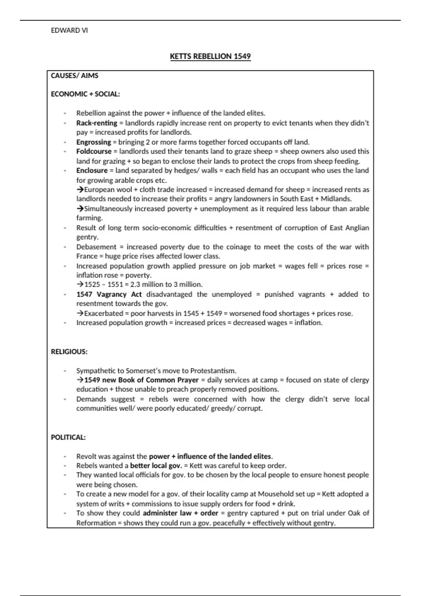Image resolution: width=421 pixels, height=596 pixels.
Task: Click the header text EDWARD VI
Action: (69, 31)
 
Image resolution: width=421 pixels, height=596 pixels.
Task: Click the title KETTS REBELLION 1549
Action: (210, 56)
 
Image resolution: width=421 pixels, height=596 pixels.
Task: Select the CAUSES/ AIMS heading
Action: (74, 76)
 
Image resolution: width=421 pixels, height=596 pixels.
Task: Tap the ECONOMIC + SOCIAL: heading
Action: (85, 94)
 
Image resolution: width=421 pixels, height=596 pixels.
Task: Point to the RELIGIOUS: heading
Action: (69, 352)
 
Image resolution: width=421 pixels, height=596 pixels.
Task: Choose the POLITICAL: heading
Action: (68, 438)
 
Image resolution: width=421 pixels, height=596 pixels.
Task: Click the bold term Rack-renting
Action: (96, 123)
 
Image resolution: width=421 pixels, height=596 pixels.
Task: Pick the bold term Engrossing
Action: (93, 142)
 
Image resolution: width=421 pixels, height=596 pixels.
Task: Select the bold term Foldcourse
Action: (94, 151)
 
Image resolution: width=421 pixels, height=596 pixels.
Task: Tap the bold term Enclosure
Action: (92, 170)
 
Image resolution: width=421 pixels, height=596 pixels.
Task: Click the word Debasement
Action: (96, 247)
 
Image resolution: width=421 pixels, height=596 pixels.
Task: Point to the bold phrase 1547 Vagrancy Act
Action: (109, 294)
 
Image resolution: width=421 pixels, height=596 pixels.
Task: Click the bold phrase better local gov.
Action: (156, 466)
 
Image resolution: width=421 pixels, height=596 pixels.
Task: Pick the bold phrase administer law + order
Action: (180, 513)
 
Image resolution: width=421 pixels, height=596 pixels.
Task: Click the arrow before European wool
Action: (80, 190)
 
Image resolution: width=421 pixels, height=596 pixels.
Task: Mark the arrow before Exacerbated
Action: (80, 313)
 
